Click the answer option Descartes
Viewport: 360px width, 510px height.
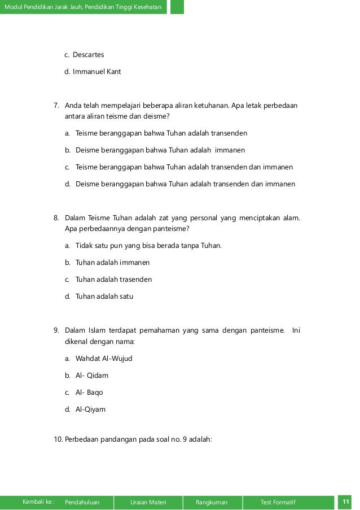[x=88, y=55]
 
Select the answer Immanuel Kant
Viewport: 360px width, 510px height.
[x=96, y=72]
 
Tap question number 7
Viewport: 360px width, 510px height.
[x=56, y=105]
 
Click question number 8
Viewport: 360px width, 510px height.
[x=56, y=217]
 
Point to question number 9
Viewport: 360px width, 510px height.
[x=56, y=330]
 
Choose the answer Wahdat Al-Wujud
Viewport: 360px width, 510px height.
[x=104, y=358]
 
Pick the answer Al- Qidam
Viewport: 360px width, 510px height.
[x=92, y=375]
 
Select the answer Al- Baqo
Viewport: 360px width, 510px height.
[x=91, y=392]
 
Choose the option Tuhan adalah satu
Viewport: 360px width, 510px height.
[x=104, y=296]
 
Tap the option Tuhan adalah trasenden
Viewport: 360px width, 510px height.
[x=113, y=279]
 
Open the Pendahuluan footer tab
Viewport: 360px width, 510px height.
[x=82, y=502]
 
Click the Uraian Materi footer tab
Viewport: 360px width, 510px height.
[x=147, y=502]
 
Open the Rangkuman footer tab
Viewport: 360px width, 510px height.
[x=211, y=502]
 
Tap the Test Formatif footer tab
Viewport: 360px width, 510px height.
[x=278, y=502]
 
